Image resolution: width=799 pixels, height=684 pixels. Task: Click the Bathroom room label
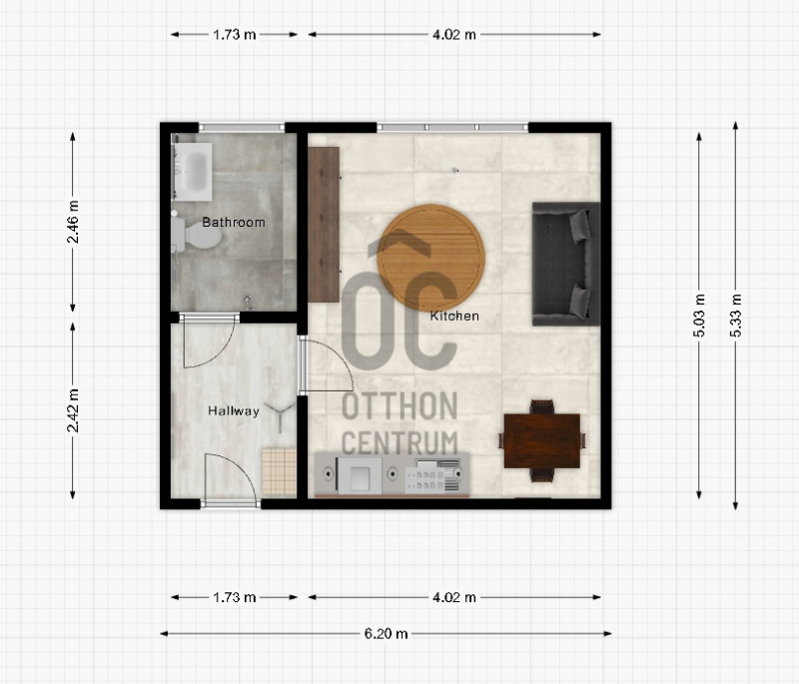click(x=234, y=222)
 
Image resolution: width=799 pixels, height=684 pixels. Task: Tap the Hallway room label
click(x=234, y=411)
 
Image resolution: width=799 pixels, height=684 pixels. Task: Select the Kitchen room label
click(x=454, y=316)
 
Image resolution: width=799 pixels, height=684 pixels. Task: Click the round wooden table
click(x=430, y=258)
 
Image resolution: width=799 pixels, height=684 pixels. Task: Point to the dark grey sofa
click(x=566, y=264)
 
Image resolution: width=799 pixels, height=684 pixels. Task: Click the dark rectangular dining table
click(x=542, y=441)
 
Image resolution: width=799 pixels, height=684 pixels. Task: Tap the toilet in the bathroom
click(x=197, y=236)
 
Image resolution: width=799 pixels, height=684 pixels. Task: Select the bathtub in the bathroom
click(x=193, y=172)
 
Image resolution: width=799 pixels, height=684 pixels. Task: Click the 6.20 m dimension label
click(x=386, y=634)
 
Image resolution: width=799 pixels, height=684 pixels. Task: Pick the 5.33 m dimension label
click(x=736, y=316)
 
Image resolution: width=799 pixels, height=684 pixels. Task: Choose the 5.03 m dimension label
click(x=699, y=316)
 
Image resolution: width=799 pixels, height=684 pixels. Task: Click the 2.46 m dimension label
click(x=73, y=222)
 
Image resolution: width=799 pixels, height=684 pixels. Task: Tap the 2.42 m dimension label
click(x=73, y=410)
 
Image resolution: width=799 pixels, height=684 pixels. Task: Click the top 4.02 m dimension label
click(x=454, y=35)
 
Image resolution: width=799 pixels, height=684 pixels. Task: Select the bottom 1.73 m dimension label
click(x=235, y=597)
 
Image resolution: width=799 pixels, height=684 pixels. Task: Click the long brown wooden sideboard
click(x=324, y=225)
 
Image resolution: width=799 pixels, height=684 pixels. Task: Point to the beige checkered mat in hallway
click(x=280, y=471)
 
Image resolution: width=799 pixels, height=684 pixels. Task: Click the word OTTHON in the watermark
click(x=399, y=406)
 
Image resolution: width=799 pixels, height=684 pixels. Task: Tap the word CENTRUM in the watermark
click(x=399, y=442)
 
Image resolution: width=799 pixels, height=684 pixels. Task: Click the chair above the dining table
click(x=541, y=407)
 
